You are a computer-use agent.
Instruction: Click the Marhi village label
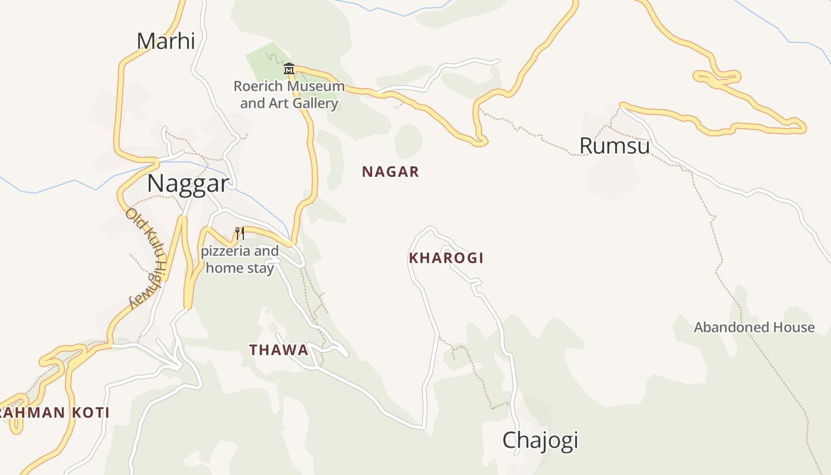point(166,41)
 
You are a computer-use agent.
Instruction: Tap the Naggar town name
point(188,183)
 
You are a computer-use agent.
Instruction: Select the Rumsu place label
point(614,145)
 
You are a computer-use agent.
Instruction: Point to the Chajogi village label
point(540,441)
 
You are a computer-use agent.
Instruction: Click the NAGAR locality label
point(391,172)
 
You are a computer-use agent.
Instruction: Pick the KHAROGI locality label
point(446,258)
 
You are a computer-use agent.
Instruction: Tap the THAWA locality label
point(279,350)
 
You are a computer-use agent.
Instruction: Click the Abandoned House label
point(754,327)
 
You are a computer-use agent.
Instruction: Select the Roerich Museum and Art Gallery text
point(289,94)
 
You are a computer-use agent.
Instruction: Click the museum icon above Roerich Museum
point(289,69)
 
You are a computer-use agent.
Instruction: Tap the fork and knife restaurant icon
point(240,233)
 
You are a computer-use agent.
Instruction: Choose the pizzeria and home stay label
point(240,259)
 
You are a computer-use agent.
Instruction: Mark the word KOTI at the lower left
point(90,413)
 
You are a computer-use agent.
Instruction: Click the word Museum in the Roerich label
point(315,86)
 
